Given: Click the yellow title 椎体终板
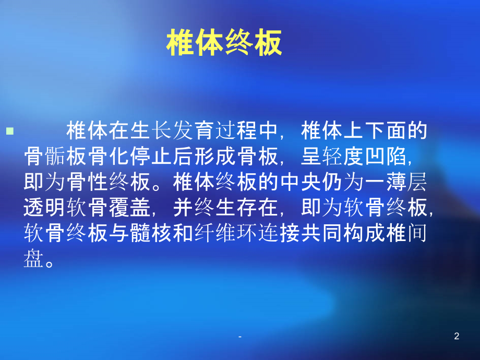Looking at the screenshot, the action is [224, 43].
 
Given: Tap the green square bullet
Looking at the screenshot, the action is [10, 131].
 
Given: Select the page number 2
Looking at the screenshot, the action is [457, 336].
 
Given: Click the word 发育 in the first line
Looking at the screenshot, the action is [194, 130].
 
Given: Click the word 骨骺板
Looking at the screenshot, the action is [56, 156].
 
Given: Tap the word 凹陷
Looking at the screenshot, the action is [386, 156].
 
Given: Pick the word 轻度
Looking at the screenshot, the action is [343, 156].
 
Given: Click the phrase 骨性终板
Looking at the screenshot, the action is [109, 182].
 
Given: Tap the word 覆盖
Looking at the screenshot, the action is [130, 208].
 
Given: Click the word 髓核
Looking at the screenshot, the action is [151, 233].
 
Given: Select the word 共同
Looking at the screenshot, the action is [322, 233].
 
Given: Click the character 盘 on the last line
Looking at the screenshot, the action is [34, 259].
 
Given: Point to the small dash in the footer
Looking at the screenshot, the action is [240, 337].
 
